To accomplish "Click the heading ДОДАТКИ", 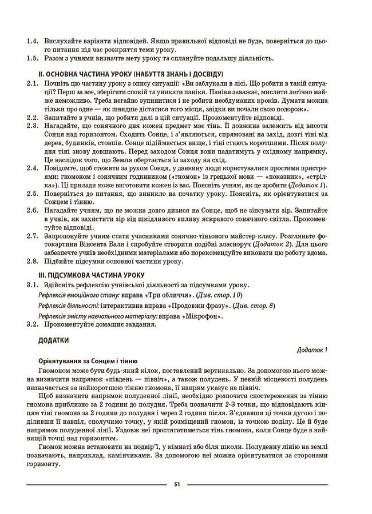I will (54, 340).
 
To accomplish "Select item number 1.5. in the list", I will (33, 58).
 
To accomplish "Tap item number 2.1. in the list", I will (33, 83).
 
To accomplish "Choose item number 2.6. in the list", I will (33, 211).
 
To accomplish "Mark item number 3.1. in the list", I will (33, 284).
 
